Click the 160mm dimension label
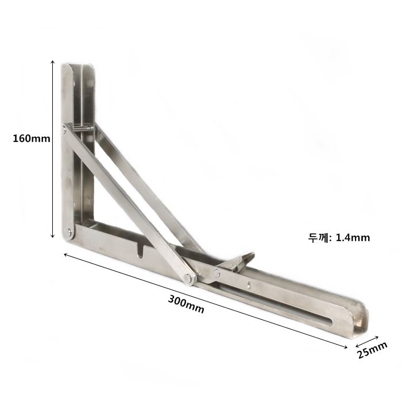coord(32,139)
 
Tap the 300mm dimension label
coord(186,304)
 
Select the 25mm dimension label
coord(372,350)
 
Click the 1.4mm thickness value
coord(353,238)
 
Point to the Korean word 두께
coord(319,238)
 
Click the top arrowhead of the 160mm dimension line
coord(53,62)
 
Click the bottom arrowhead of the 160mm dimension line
coord(53,236)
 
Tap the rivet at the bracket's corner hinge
coord(68,233)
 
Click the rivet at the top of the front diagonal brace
coord(64,129)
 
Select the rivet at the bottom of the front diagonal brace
coord(189,278)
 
